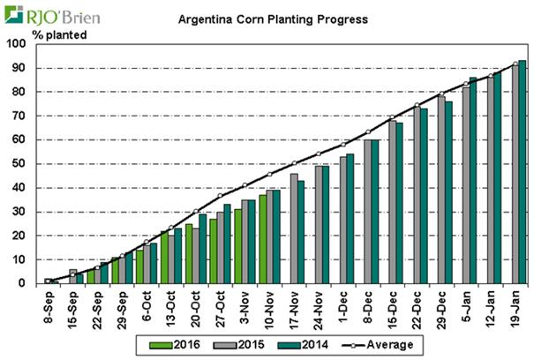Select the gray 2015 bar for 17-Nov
tap(293, 229)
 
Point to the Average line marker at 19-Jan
tap(516, 64)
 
